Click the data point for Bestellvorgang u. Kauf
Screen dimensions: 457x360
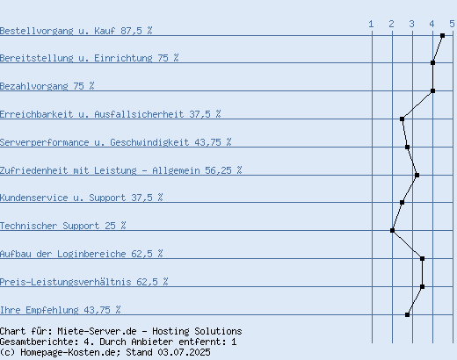coord(442,36)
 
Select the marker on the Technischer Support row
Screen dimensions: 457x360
coord(392,230)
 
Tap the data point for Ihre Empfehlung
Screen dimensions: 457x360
coord(407,314)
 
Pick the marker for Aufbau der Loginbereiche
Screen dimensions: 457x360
coord(422,258)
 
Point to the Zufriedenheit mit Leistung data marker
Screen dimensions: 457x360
coord(417,175)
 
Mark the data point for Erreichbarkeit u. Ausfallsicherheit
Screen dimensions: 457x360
coord(402,119)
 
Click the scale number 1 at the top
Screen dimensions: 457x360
coord(371,24)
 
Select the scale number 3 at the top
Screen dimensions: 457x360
coord(412,24)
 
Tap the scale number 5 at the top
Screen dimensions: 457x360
coord(452,24)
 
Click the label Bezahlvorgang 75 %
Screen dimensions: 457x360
coord(47,86)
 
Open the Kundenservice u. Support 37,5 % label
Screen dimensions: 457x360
coord(82,198)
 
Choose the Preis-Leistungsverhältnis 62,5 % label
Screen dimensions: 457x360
coord(84,282)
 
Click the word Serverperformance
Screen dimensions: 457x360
coord(45,142)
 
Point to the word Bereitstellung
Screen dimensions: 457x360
coord(37,58)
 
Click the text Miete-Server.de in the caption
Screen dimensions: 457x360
coord(97,331)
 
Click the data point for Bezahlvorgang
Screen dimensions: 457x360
coord(432,90)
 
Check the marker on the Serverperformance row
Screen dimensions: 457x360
coord(407,147)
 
